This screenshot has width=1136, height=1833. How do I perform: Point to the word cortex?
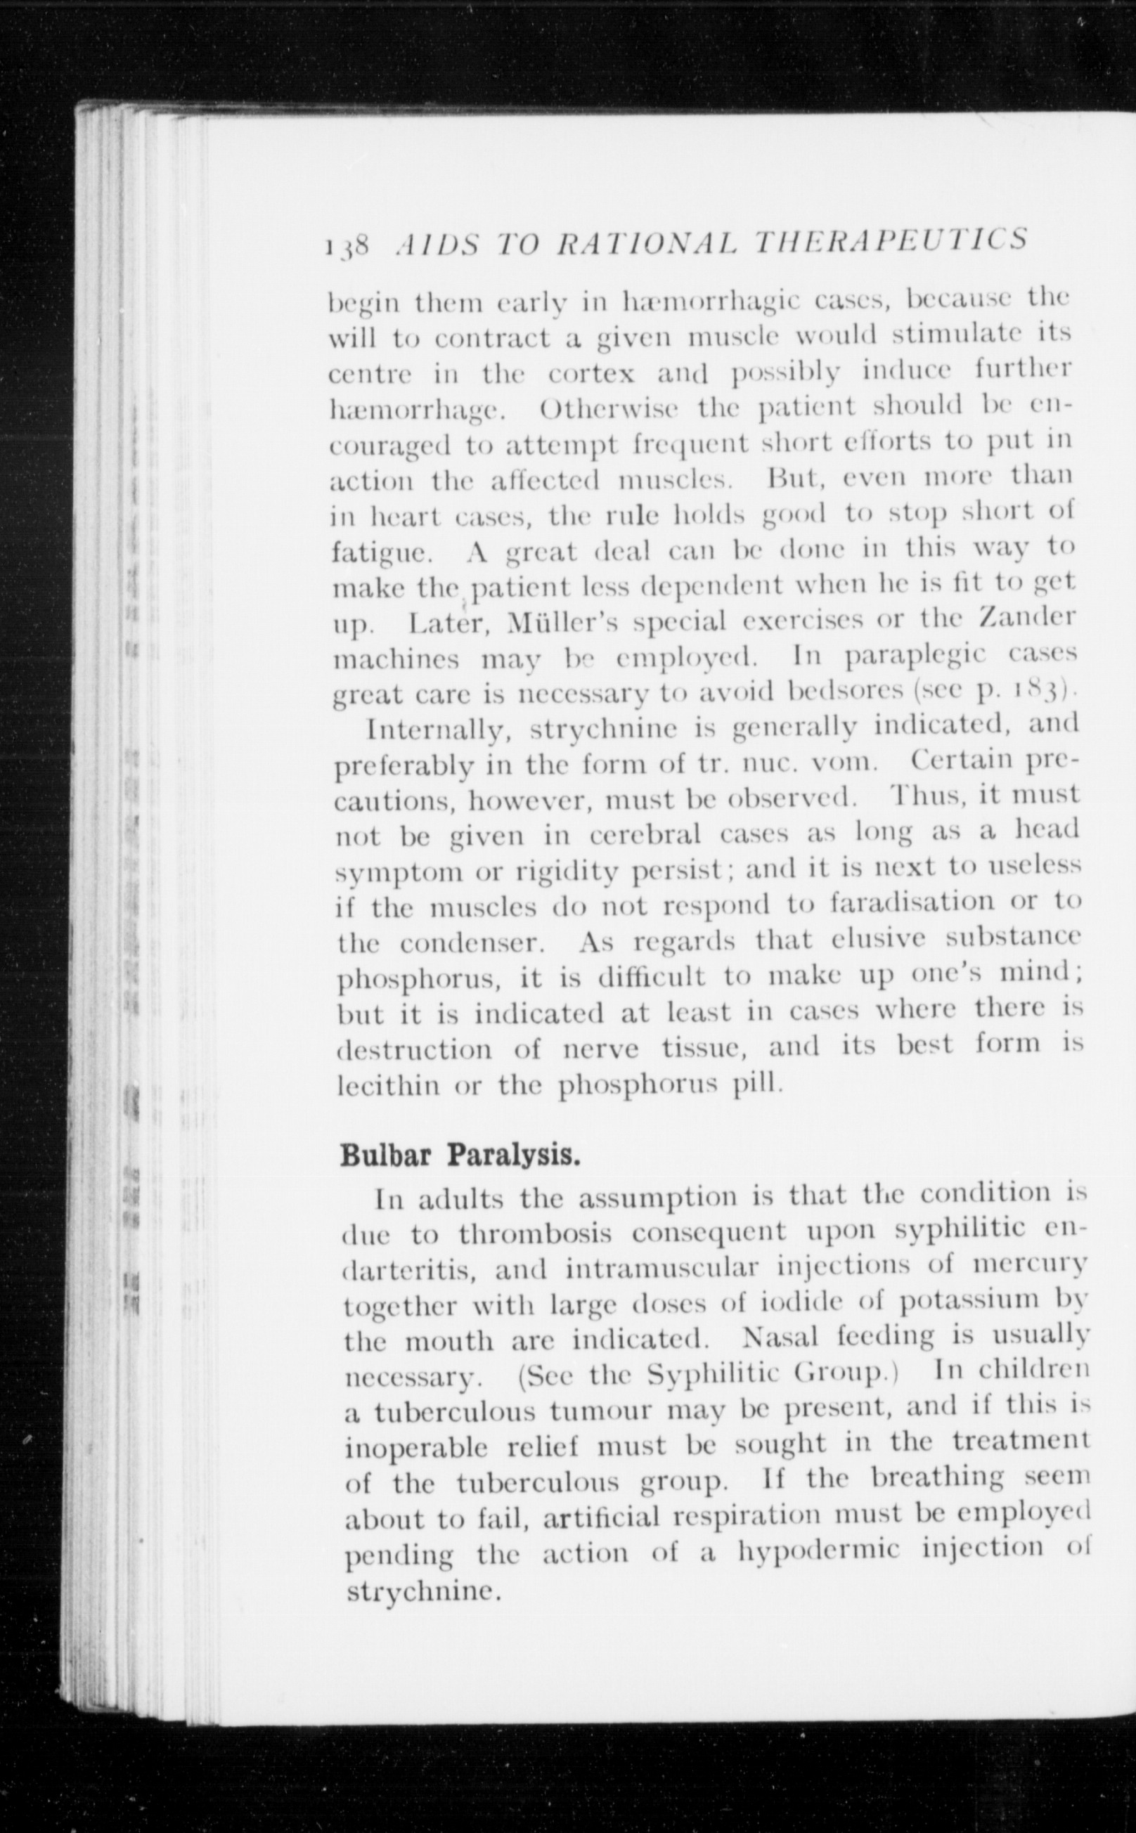point(594,374)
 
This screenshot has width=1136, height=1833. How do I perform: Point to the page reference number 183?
point(1040,689)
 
